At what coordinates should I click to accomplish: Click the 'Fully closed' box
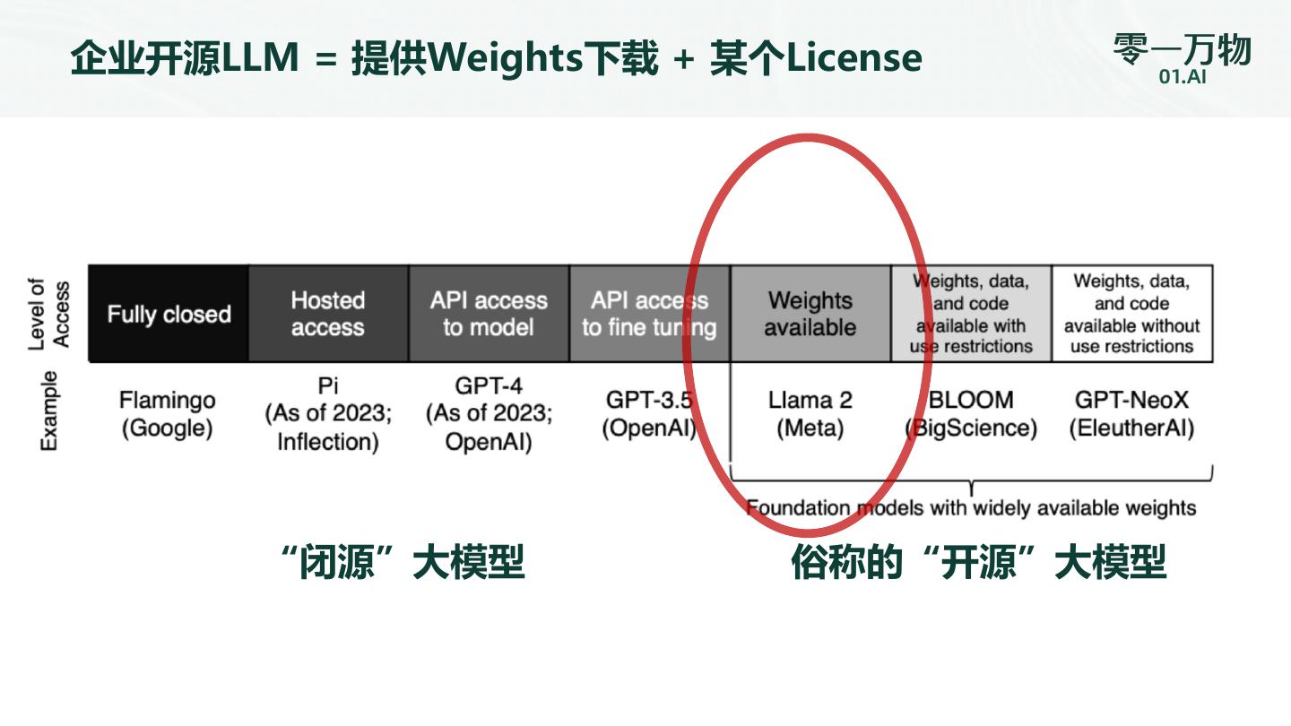169,314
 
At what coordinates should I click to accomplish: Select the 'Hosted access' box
328,314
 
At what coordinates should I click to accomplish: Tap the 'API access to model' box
489,314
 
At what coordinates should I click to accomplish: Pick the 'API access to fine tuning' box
649,314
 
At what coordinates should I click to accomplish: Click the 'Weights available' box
810,314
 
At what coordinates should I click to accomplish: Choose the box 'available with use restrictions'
971,314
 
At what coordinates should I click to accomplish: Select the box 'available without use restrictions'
1131,314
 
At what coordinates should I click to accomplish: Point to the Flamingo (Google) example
168,414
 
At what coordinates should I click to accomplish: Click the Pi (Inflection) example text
328,414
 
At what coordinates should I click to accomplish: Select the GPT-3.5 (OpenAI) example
649,414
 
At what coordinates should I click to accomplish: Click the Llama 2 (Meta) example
810,414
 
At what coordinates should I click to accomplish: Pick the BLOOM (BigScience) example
971,414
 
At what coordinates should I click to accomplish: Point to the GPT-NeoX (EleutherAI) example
1131,414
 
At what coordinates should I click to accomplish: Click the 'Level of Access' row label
48,314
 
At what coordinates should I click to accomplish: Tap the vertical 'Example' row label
48,411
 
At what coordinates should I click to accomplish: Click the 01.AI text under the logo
1182,77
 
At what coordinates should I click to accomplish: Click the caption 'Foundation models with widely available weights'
971,508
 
